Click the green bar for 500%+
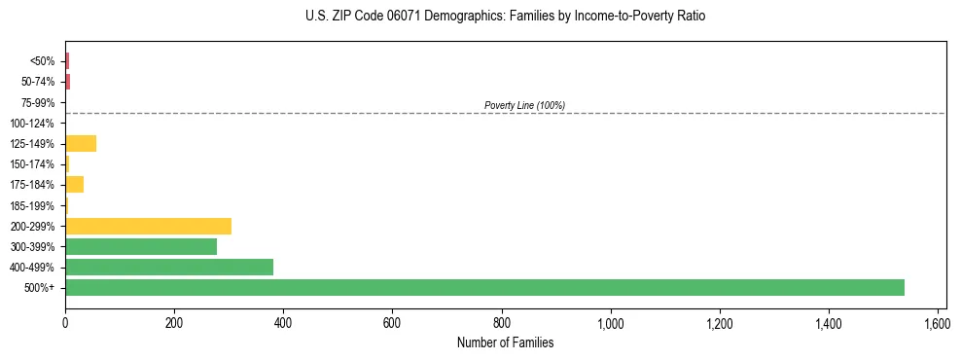point(484,287)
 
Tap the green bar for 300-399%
point(141,246)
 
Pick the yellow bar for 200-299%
point(148,226)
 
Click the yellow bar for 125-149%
point(81,144)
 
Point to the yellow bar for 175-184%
point(74,185)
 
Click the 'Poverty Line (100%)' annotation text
point(524,105)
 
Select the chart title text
point(505,17)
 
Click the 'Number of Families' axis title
point(505,342)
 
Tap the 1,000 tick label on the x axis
point(611,322)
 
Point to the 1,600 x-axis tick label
point(938,322)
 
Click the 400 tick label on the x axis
point(283,322)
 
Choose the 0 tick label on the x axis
point(65,322)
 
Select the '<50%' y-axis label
point(42,61)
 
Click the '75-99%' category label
point(37,102)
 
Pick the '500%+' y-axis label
point(40,288)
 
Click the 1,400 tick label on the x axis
point(829,322)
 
